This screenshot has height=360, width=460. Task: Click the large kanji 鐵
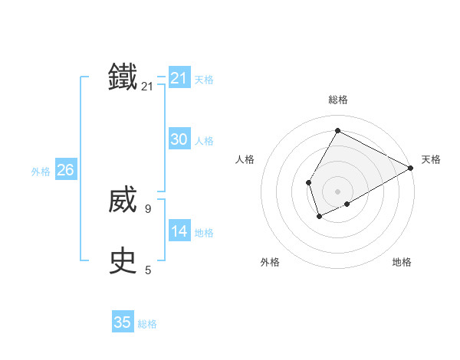tap(123, 77)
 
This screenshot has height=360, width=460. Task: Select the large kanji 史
tap(123, 260)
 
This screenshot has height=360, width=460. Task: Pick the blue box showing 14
tap(179, 231)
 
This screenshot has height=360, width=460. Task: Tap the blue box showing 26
tap(65, 169)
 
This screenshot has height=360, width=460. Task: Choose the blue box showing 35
tap(123, 322)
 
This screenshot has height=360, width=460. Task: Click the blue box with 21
tap(179, 77)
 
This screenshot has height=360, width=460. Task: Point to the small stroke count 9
tap(148, 208)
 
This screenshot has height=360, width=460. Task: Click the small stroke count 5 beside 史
tap(148, 270)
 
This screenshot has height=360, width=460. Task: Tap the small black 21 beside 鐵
tap(147, 87)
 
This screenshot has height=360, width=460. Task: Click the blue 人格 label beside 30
tap(204, 141)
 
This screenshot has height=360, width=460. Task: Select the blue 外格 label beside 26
tap(41, 172)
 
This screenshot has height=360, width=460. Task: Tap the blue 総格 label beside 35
tap(147, 325)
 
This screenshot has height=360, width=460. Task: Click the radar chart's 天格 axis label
tap(431, 159)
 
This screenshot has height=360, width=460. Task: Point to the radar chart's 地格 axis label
tap(402, 262)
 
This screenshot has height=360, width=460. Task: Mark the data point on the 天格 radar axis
tap(411, 168)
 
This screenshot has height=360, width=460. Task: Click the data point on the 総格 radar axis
tap(337, 130)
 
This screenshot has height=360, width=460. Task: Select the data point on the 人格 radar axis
tap(308, 182)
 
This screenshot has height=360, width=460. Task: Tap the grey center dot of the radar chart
tap(337, 191)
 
